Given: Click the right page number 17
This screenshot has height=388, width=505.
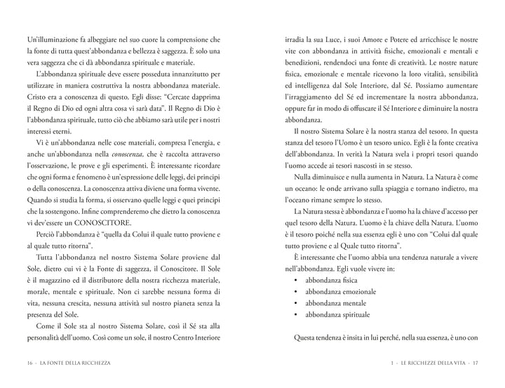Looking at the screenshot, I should click(474, 363).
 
